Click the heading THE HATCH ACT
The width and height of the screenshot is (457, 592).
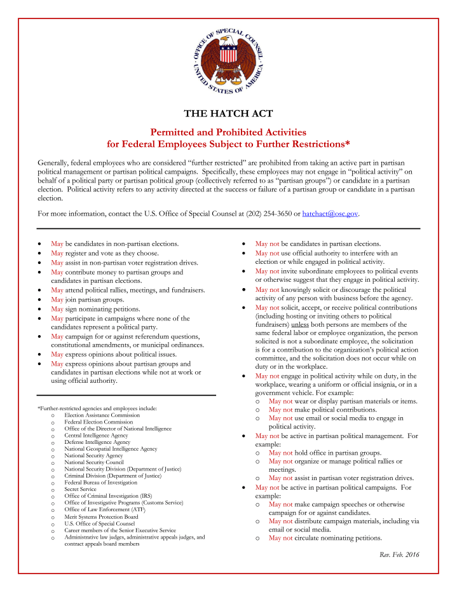point(228,114)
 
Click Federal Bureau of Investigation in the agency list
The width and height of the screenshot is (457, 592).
point(100,483)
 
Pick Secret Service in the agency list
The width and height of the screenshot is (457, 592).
point(80,490)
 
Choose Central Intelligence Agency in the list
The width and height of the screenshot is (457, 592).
point(96,436)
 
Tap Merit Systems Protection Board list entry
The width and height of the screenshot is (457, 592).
point(101,517)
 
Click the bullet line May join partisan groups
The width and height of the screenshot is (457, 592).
point(87,299)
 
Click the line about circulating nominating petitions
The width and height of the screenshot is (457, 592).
point(325,537)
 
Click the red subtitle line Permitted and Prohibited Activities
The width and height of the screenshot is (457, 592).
point(228,132)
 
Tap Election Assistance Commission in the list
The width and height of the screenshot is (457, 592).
point(102,415)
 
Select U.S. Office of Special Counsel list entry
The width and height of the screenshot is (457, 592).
point(99,523)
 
